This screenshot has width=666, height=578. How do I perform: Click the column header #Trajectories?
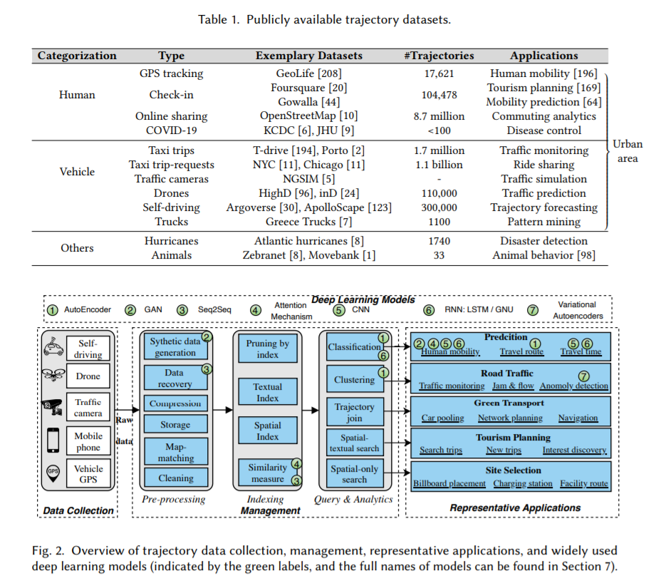tap(439, 56)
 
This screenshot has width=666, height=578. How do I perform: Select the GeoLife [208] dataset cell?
tap(309, 73)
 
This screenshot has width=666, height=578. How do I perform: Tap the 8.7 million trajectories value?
tap(439, 116)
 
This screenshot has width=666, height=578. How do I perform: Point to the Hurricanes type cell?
tap(171, 242)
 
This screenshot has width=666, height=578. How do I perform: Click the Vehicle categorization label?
tap(77, 172)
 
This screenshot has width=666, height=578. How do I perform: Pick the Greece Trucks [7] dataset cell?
tap(309, 222)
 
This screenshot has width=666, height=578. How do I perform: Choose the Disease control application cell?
tap(544, 130)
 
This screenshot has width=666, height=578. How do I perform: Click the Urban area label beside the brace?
tap(628, 151)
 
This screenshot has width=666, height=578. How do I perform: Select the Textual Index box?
tap(268, 393)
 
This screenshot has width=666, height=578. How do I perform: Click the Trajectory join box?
tap(354, 413)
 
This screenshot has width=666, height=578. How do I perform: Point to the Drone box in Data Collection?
tap(88, 376)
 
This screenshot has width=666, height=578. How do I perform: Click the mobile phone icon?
tap(53, 440)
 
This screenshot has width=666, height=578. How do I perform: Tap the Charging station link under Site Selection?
tap(523, 483)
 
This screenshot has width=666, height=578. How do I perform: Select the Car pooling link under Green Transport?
tap(442, 418)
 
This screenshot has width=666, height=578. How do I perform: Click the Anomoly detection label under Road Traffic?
tap(574, 386)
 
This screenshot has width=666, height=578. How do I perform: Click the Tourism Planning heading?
tap(513, 437)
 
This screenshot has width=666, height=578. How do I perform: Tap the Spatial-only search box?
tap(354, 474)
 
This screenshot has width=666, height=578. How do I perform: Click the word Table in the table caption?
tap(212, 19)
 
